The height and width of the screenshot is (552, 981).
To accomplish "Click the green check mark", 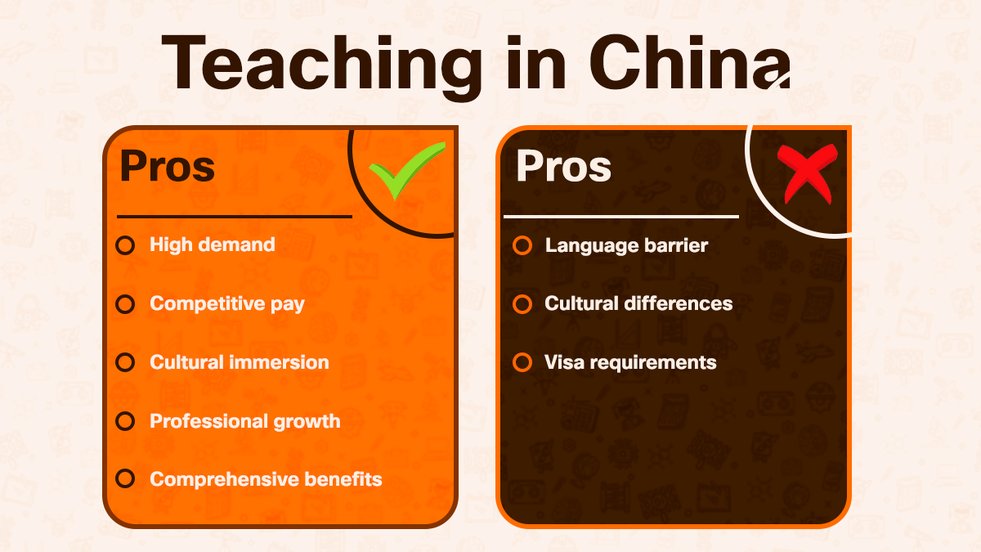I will point(406,170).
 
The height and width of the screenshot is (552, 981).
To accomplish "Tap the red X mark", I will point(809,172).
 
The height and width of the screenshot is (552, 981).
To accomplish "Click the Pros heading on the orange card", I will point(168,166).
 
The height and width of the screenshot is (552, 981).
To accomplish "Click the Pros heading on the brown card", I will point(563,166).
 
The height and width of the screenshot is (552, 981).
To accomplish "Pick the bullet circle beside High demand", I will point(125,245).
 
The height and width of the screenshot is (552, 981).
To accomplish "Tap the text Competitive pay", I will point(227,304).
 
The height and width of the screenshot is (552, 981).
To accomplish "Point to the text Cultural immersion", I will point(240,362).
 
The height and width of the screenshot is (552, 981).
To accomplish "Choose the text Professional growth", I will point(245,421).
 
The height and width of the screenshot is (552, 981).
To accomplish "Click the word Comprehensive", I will point(217,480).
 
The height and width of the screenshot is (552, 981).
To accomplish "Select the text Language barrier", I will point(626,245).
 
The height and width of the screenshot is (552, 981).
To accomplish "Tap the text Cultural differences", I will point(638,304).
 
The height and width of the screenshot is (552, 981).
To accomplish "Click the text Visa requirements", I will point(630,362).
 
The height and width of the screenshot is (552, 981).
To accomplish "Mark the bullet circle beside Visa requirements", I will point(522,362).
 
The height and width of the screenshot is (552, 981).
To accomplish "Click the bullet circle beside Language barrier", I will point(522,245).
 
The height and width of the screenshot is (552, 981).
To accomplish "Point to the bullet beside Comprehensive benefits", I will point(125,479).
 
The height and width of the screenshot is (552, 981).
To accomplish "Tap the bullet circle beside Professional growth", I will point(125,421).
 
